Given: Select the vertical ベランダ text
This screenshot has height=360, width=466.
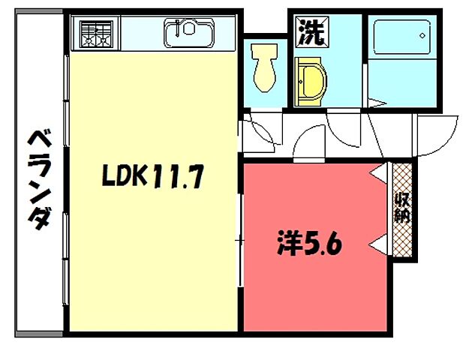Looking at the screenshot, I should pos(40,180).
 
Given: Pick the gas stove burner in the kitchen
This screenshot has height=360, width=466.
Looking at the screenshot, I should pos(95,34).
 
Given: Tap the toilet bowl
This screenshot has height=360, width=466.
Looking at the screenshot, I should pos(264,74).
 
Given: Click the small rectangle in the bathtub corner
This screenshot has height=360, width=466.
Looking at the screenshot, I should pos(424,34).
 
